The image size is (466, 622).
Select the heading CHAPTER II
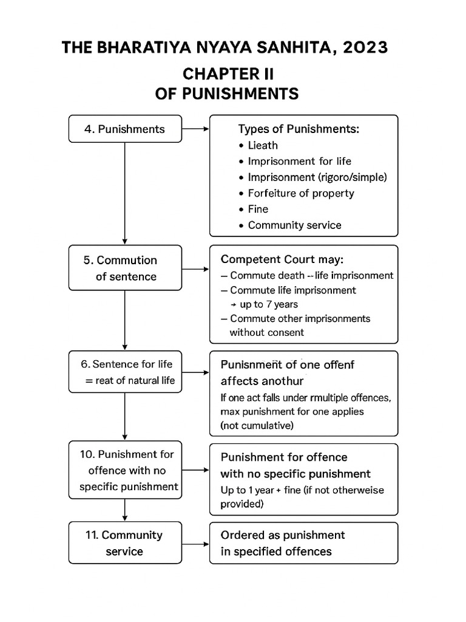point(228,74)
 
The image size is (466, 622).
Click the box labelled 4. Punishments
point(125,129)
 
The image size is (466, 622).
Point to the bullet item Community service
point(294,225)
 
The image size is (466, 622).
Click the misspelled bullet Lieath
point(263,145)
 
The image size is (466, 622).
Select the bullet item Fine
point(258,209)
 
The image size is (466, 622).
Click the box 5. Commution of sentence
point(125,268)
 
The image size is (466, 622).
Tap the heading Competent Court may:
point(282,259)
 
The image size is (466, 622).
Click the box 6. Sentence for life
point(125,372)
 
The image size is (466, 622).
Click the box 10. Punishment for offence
point(125,470)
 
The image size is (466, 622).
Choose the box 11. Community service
point(125,543)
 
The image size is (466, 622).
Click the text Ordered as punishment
point(283,535)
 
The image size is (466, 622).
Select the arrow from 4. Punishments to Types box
point(195,129)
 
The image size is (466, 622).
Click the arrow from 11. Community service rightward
point(195,543)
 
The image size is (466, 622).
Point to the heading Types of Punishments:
point(298,129)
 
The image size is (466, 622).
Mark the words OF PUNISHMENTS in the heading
point(228,94)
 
